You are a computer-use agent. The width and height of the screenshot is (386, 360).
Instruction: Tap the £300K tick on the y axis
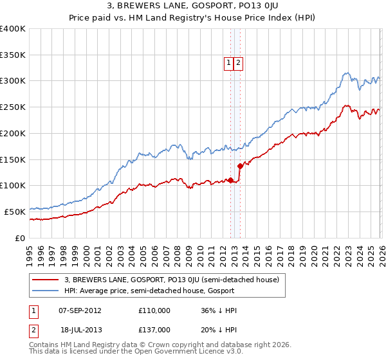(13, 81)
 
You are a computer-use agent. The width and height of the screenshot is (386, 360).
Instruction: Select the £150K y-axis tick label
(13, 159)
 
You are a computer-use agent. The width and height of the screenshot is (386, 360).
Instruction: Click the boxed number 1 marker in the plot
(228, 63)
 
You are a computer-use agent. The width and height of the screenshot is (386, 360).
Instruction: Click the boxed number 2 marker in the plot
(238, 63)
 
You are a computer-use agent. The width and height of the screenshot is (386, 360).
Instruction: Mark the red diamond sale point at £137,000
(240, 166)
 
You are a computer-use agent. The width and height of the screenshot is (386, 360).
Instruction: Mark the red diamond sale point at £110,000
(230, 180)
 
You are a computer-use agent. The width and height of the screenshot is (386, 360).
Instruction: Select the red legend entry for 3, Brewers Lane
(171, 280)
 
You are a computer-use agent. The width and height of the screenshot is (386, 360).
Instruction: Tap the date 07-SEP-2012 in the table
(80, 310)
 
